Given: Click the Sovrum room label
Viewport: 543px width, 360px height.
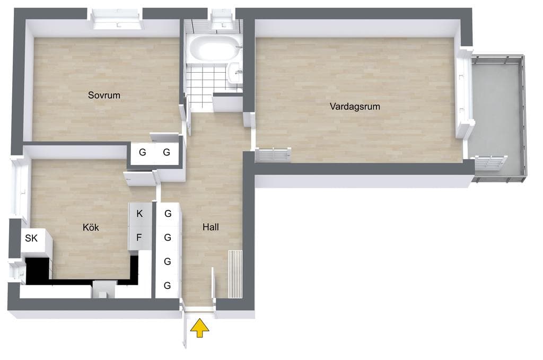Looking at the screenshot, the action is point(104,95).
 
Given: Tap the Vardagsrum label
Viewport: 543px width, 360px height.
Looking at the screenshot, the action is point(355,106).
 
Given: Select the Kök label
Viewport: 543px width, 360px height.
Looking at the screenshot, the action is point(91,227).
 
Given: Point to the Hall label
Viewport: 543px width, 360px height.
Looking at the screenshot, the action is point(211,227).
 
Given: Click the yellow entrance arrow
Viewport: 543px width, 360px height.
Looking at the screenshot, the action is point(200,328).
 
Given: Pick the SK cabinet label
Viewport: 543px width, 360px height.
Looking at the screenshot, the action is point(31,238).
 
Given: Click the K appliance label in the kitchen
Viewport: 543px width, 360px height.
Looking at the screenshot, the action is point(139,214).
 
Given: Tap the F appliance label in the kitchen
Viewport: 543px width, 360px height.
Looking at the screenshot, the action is point(139,238).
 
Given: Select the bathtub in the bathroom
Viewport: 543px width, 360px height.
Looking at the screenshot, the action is point(214,48).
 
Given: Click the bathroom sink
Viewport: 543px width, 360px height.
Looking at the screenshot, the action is point(235,73).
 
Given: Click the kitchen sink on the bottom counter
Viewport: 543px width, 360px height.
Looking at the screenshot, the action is point(103,289).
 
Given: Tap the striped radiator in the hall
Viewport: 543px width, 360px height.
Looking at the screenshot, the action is point(235,274).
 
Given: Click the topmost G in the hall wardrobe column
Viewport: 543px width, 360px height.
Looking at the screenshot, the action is point(168,214).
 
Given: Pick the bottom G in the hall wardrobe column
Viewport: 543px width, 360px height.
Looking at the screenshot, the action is point(167,286).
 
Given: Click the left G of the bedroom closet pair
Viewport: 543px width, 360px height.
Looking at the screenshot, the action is point(142,152).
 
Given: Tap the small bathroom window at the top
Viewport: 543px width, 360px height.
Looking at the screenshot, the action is point(222,20).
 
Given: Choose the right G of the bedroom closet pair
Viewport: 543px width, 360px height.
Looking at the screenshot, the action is point(167,152).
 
